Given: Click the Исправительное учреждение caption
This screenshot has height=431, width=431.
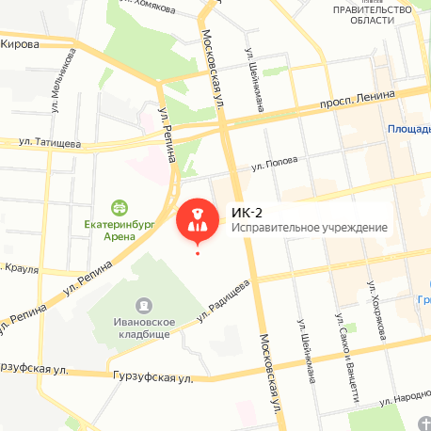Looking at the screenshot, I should tap(309, 228).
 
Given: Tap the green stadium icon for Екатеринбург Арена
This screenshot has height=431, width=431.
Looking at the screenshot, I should tap(120, 207).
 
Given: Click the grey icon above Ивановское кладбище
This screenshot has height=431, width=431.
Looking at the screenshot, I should tap(143, 305).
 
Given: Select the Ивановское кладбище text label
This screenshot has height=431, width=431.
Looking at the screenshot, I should tap(143, 328).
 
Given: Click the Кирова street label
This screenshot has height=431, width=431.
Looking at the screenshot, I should tap(20, 44).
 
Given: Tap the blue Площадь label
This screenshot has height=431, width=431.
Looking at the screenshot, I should tap(408, 129).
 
